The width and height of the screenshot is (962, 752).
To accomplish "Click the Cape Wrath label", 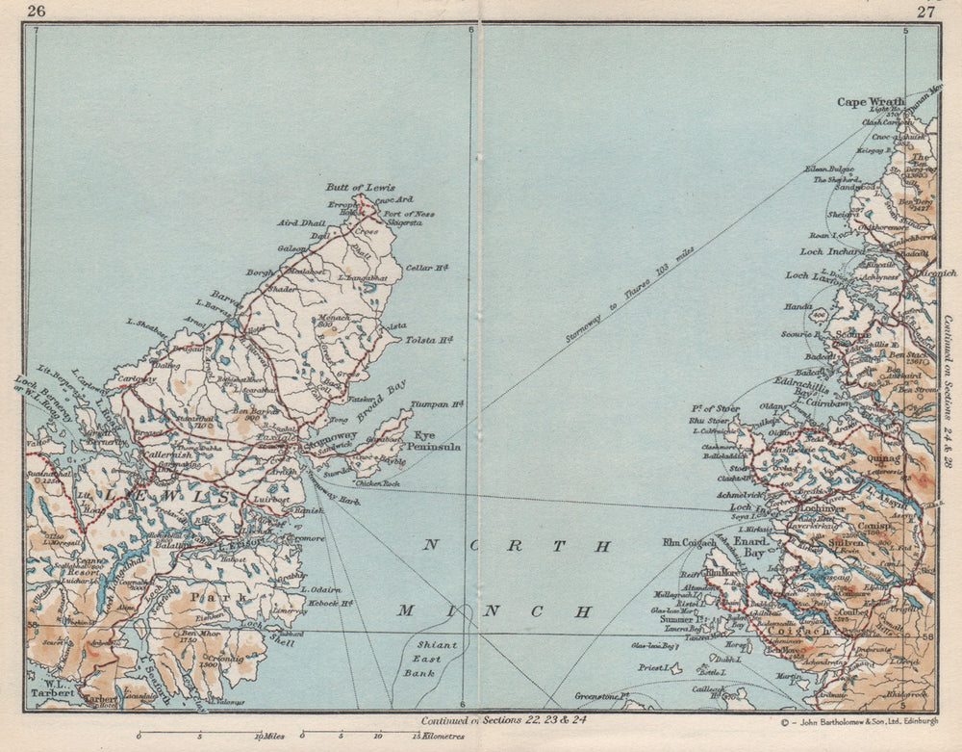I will tap(865, 101).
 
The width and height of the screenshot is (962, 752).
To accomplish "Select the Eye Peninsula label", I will tap(437, 442).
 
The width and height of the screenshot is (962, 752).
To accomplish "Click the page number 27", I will tap(925, 12).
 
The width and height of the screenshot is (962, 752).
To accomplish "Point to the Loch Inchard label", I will tap(832, 252).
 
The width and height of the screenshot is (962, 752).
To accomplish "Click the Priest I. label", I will tap(653, 667).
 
